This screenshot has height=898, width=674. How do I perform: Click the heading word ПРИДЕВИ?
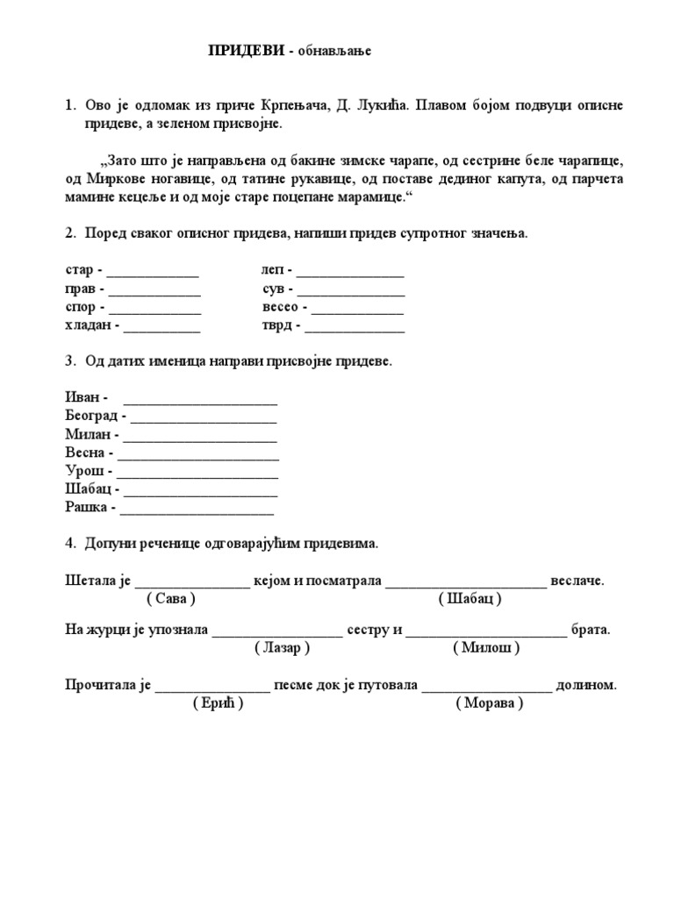(x=246, y=51)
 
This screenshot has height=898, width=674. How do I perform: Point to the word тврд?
(x=276, y=327)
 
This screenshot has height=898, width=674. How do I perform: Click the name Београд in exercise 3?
(x=92, y=415)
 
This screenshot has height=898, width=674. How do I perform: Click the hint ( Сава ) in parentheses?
(x=171, y=599)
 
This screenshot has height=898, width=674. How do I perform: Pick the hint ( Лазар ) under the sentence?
(x=283, y=648)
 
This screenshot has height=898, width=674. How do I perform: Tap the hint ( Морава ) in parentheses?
(x=490, y=704)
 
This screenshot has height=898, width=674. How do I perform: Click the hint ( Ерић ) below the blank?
(x=218, y=704)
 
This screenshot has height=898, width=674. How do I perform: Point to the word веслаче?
(x=578, y=581)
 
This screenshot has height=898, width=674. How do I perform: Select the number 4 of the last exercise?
(x=69, y=544)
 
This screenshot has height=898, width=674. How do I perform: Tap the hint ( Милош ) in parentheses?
(x=487, y=648)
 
